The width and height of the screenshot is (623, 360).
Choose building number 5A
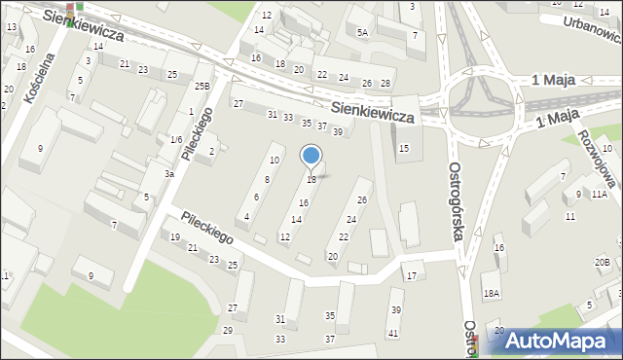(362, 32)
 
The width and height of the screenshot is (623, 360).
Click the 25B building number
(202, 87)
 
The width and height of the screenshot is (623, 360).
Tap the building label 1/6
(176, 140)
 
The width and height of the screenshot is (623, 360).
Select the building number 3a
(168, 174)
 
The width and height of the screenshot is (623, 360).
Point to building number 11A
(599, 195)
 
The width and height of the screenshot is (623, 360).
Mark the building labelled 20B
(603, 262)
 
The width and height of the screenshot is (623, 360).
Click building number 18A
(492, 293)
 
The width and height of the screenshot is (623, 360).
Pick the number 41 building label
(393, 334)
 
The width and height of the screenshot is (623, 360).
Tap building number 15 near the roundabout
(404, 147)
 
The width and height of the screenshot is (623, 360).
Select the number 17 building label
(412, 276)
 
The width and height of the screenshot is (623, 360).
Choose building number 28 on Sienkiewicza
(385, 84)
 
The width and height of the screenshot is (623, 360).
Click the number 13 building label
(11, 26)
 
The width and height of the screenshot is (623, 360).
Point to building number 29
(228, 331)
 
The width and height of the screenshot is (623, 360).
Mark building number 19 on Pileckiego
(175, 237)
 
